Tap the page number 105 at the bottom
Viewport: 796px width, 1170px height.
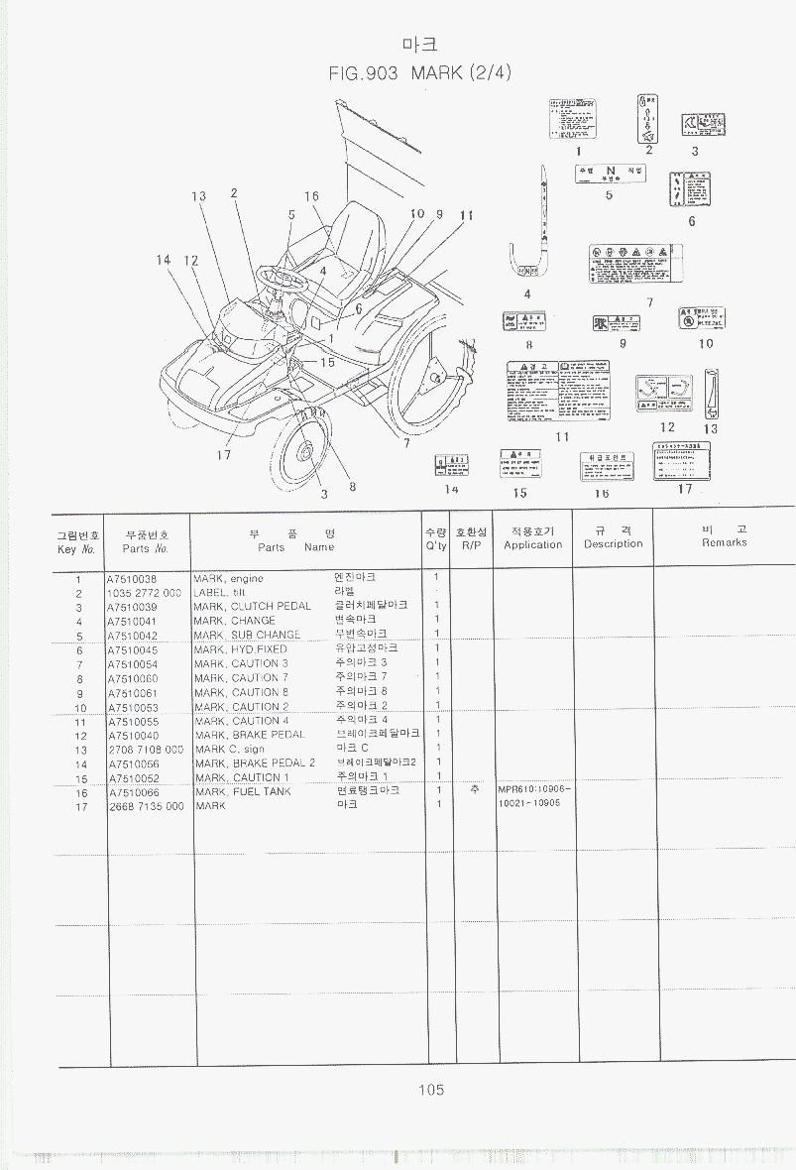coord(430,1090)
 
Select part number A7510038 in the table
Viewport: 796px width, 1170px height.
coord(133,578)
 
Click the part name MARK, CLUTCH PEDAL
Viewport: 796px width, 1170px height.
coord(253,606)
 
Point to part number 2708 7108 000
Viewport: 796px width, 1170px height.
coord(146,750)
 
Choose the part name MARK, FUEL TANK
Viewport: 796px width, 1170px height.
coord(243,792)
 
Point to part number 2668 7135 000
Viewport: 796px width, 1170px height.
coord(146,806)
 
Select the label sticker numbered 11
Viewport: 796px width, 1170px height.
coord(556,391)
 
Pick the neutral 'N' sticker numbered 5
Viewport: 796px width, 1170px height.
coord(609,173)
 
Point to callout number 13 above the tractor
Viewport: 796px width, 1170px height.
coord(198,196)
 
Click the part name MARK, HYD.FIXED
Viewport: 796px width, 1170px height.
coord(241,649)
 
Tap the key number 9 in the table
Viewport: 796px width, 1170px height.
coord(78,693)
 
